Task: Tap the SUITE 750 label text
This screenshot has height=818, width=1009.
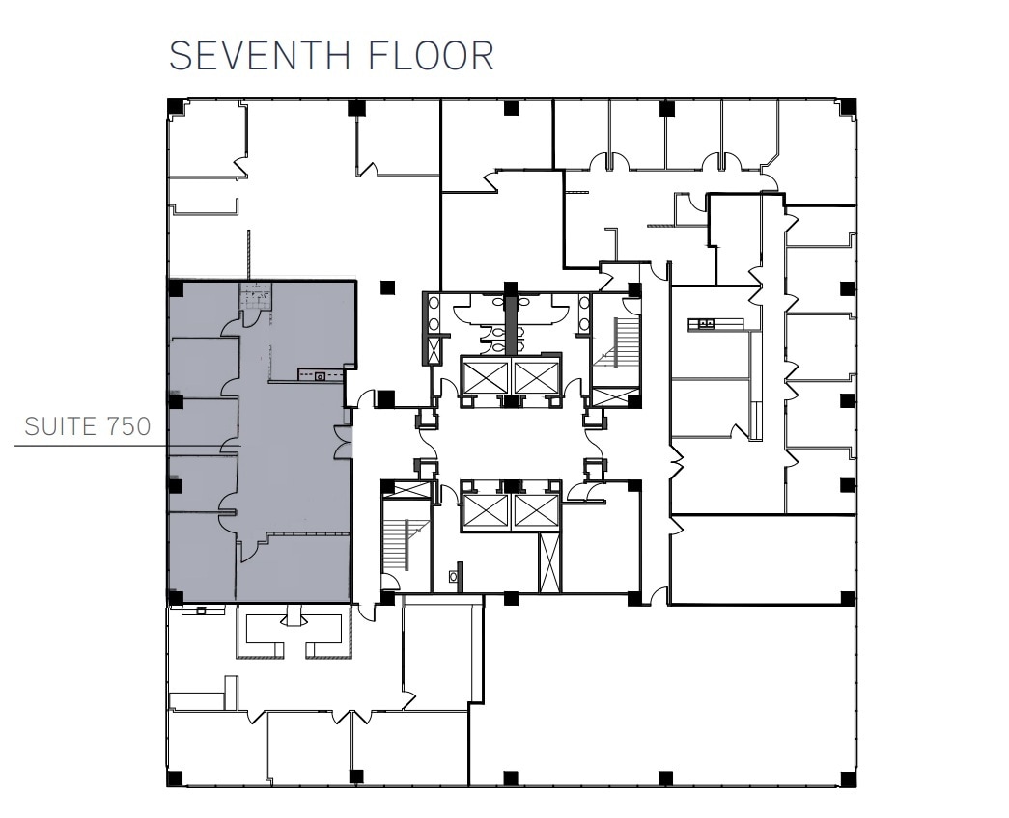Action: point(88,426)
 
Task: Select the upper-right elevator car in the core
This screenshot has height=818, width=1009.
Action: point(536,376)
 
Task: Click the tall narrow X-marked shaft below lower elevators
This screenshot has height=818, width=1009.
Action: point(548,561)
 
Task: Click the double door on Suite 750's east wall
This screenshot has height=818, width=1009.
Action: point(342,442)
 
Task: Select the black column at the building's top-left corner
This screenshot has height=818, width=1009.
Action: point(174,107)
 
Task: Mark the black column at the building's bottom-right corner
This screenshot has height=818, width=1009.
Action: point(847,777)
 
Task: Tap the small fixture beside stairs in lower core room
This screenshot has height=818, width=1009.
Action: point(454,578)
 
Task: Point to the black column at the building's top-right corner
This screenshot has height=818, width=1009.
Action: point(847,107)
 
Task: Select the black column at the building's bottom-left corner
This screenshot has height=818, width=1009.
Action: point(174,777)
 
